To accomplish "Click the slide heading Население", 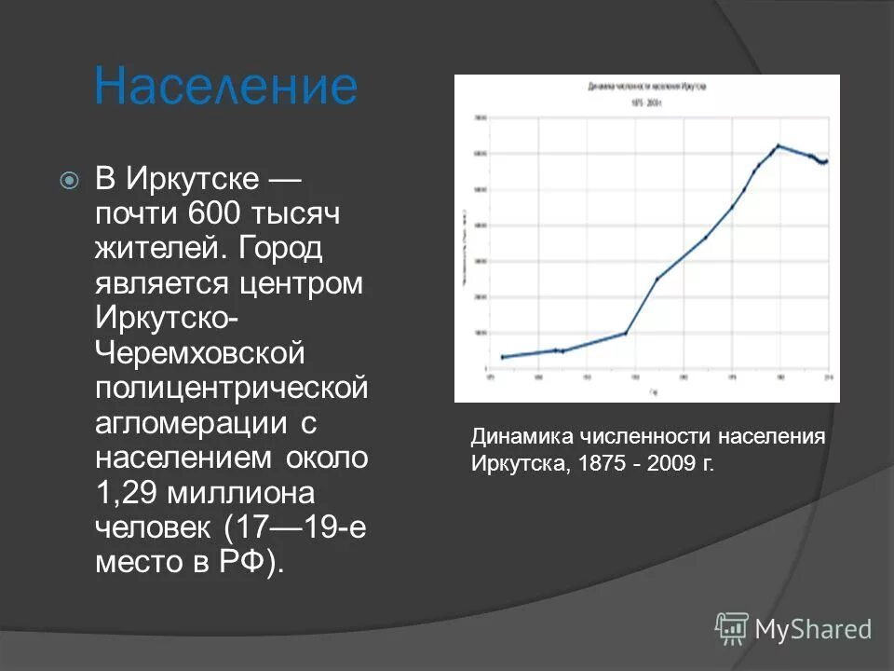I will pyautogui.click(x=225, y=87).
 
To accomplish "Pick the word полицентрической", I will pyautogui.click(x=232, y=389).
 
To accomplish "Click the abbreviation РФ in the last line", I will pyautogui.click(x=245, y=564).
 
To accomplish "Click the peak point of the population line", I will pyautogui.click(x=778, y=145).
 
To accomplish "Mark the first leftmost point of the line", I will pyautogui.click(x=503, y=357).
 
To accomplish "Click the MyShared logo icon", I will pyautogui.click(x=732, y=629).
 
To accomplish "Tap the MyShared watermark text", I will pyautogui.click(x=813, y=630).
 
